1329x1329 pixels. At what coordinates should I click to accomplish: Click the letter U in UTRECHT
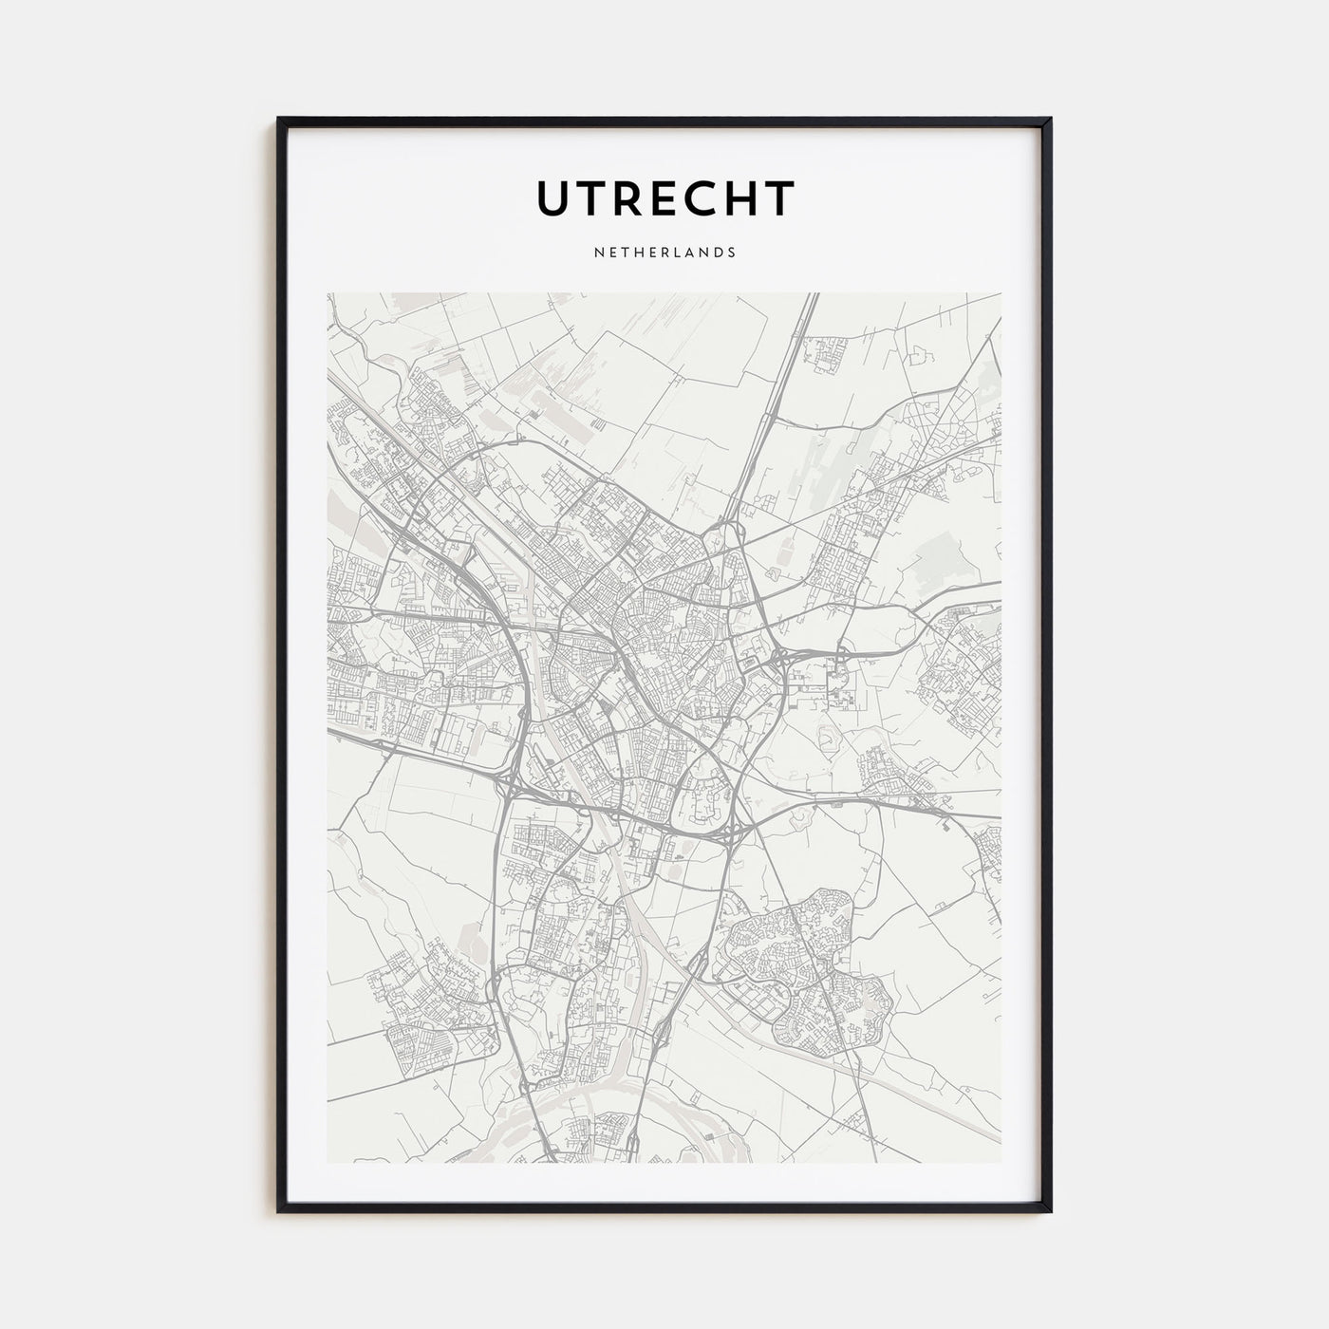click(x=555, y=198)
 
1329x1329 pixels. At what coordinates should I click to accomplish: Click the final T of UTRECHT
click(x=779, y=198)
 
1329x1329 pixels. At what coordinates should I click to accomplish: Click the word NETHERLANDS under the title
click(x=664, y=253)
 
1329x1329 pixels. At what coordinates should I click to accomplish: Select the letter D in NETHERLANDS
click(x=719, y=253)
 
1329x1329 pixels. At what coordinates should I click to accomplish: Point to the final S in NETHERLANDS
click(x=732, y=253)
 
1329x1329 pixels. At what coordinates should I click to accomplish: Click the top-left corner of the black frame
click(x=279, y=120)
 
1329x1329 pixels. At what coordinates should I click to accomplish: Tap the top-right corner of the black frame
click(x=1050, y=120)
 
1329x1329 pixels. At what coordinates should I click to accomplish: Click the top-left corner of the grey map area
click(x=328, y=293)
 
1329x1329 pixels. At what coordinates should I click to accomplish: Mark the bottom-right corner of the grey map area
click(x=1001, y=1162)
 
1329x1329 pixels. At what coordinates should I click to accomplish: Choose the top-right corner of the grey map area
click(x=1001, y=293)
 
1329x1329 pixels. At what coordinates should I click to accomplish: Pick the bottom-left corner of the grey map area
click(x=328, y=1162)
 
